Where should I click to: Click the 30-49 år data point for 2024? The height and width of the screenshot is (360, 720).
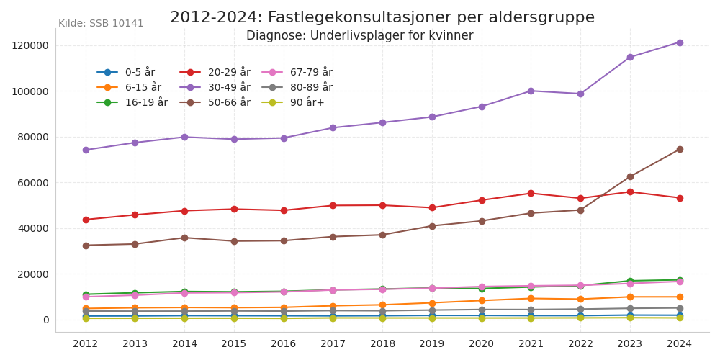pyautogui.click(x=679, y=42)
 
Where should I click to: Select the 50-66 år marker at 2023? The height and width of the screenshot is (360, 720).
pyautogui.click(x=630, y=176)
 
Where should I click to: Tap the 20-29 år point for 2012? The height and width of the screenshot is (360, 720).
pyautogui.click(x=86, y=220)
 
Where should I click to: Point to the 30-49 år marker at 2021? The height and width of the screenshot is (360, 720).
pyautogui.click(x=531, y=91)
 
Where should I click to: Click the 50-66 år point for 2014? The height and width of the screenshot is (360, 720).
pyautogui.click(x=184, y=238)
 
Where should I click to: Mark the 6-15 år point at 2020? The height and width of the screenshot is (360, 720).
pyautogui.click(x=482, y=300)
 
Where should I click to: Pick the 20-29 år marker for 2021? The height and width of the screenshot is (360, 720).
pyautogui.click(x=531, y=193)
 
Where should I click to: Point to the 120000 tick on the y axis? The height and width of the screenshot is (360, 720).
pyautogui.click(x=30, y=45)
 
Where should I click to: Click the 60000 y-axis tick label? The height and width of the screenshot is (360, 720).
pyautogui.click(x=33, y=183)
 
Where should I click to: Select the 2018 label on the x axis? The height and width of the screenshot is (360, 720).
pyautogui.click(x=382, y=344)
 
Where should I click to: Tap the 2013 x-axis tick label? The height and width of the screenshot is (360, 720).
pyautogui.click(x=135, y=344)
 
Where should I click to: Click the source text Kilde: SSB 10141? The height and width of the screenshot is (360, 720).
pyautogui.click(x=101, y=24)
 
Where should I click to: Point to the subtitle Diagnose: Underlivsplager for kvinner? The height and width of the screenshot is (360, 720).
pyautogui.click(x=360, y=36)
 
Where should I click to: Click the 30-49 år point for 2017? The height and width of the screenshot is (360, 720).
pyautogui.click(x=333, y=127)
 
